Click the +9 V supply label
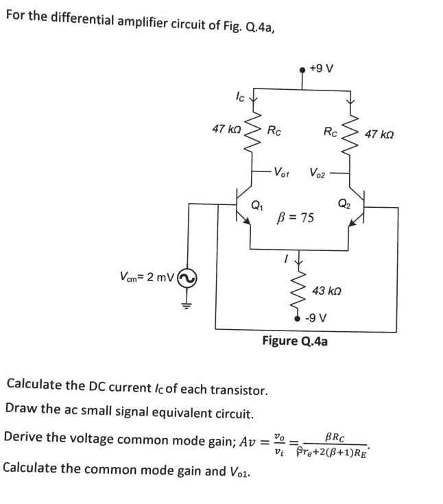(321, 68)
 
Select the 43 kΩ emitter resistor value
(328, 291)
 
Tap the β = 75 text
(294, 218)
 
